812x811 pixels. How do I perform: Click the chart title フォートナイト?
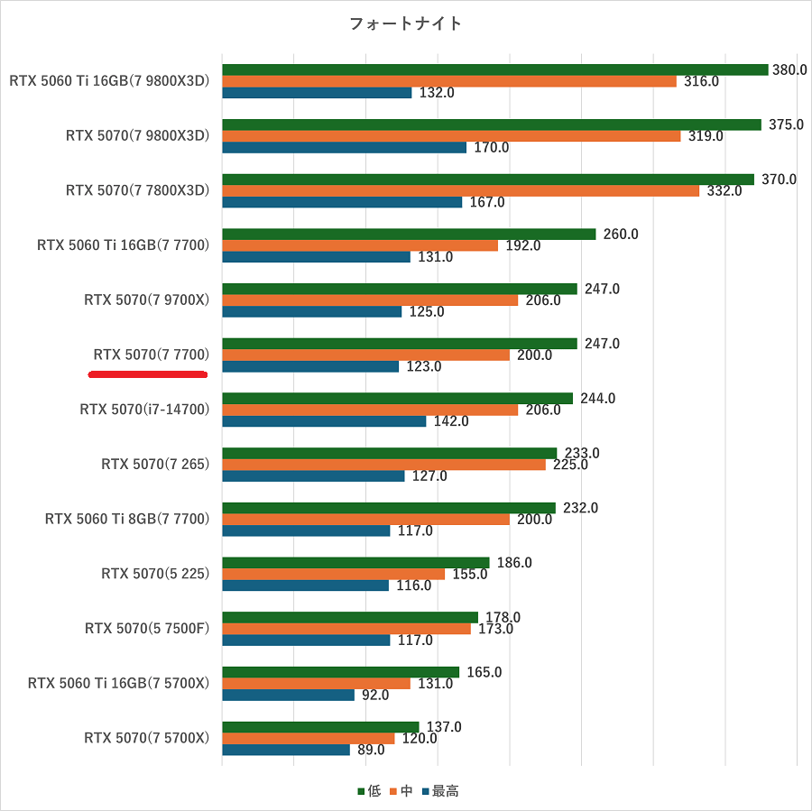405,24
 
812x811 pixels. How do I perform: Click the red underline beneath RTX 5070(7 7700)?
149,373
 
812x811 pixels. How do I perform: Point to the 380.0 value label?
791,69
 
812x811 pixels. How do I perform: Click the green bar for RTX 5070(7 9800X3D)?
492,124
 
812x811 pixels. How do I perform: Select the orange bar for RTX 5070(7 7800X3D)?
460,190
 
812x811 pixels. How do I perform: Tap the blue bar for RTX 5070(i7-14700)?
324,420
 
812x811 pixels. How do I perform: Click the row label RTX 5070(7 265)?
155,464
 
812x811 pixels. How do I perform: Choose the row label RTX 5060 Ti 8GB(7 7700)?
127,519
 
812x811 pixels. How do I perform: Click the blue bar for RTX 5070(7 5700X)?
286,750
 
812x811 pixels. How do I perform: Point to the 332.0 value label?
724,190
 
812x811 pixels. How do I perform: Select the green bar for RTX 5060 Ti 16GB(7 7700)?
409,234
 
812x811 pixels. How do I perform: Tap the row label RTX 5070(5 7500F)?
147,628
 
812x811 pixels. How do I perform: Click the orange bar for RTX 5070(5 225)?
334,574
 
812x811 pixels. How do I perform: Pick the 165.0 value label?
484,672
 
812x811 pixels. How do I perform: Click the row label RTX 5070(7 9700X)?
147,300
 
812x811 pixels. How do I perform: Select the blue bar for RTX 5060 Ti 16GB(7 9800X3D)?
317,92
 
